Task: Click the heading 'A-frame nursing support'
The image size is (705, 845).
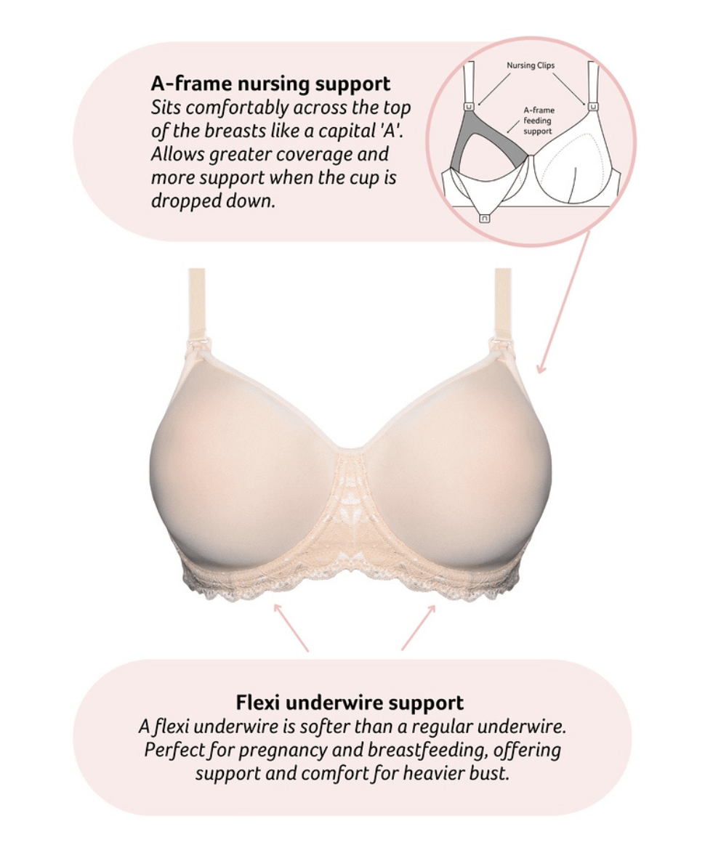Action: [270, 84]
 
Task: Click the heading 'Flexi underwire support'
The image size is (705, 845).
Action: [350, 703]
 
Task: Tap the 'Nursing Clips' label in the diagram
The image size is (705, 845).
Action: [531, 65]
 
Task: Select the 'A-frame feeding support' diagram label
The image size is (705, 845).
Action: [538, 121]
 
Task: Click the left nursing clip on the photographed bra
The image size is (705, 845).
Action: [196, 348]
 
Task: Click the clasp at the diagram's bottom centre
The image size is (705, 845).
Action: [485, 217]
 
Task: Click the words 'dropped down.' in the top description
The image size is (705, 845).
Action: [213, 201]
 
